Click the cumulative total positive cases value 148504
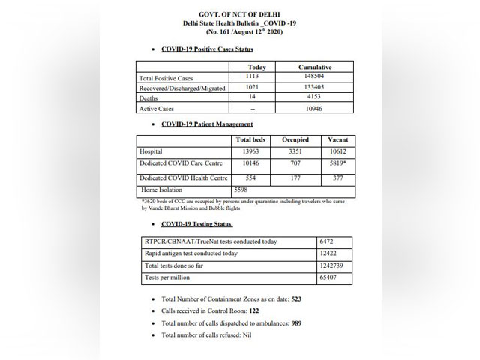point(315,77)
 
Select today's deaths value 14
point(251,97)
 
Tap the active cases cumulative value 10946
point(315,108)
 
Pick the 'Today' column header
point(251,67)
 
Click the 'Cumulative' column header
point(315,67)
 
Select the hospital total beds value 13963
point(250,151)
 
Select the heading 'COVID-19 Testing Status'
point(196,223)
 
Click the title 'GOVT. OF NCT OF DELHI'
point(239,15)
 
